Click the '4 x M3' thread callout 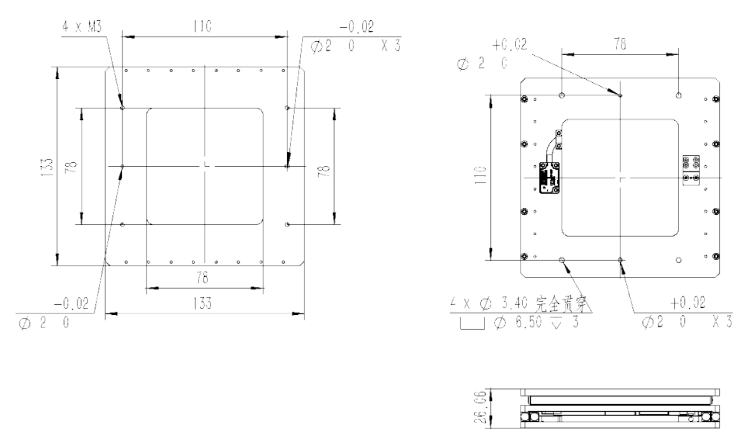pos(82,26)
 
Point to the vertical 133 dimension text pos(47,166)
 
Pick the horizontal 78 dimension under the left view pos(203,278)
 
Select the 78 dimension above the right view pos(621,46)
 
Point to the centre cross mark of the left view pos(203,165)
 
